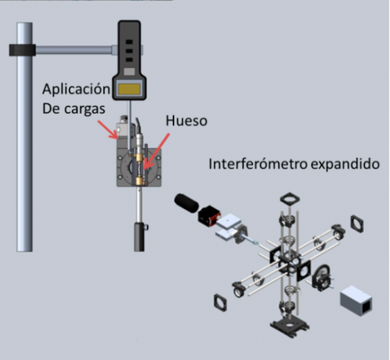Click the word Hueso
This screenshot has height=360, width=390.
[x=186, y=120]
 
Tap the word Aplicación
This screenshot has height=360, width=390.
[x=76, y=89]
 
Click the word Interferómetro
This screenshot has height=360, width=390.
[x=258, y=164]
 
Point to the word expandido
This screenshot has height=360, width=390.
[x=345, y=165]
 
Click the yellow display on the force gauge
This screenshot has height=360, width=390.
[x=129, y=89]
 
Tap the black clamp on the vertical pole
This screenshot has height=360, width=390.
[x=22, y=50]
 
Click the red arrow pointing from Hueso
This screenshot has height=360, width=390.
[x=157, y=152]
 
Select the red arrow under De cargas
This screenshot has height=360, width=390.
[x=107, y=129]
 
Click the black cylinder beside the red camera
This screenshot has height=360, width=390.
[x=187, y=204]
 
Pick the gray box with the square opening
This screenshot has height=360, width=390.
[x=356, y=300]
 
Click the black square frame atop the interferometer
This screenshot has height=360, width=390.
[x=290, y=199]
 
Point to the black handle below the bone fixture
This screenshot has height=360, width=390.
[x=139, y=237]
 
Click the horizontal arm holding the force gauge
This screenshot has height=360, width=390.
[x=74, y=50]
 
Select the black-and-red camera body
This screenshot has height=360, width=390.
[x=210, y=216]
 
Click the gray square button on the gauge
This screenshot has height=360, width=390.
[x=129, y=72]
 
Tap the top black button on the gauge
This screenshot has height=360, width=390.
[x=129, y=42]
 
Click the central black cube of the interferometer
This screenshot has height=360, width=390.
[x=290, y=265]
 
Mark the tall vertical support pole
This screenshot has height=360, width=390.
[x=24, y=137]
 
